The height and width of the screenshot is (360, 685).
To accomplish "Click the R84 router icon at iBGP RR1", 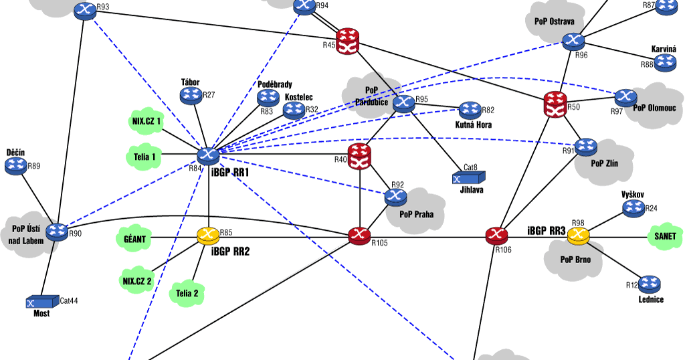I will [x=208, y=155].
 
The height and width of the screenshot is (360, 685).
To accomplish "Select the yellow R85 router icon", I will [x=208, y=236].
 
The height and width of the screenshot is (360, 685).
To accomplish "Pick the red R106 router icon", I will [x=496, y=236].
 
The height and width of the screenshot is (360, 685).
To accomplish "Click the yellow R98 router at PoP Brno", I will [x=579, y=236].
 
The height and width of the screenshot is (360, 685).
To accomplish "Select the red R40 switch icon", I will [x=360, y=156].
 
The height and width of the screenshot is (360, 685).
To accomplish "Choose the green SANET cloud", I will [x=665, y=236].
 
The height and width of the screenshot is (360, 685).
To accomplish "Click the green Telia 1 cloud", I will [x=144, y=157].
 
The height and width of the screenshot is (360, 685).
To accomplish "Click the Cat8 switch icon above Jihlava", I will [x=468, y=178].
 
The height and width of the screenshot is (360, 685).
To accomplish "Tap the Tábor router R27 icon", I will [x=191, y=96].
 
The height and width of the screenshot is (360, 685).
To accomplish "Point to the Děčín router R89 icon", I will [x=15, y=166].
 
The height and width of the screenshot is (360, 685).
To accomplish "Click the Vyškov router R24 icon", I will [x=633, y=209].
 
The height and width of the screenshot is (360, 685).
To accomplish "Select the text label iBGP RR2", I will [x=229, y=252].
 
